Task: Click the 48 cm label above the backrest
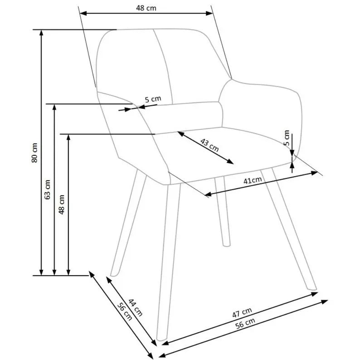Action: pyautogui.click(x=146, y=8)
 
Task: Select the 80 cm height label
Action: pyautogui.click(x=34, y=153)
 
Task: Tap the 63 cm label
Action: pyautogui.click(x=47, y=190)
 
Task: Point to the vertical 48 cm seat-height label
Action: pyautogui.click(x=62, y=204)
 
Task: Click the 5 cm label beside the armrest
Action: pyautogui.click(x=153, y=99)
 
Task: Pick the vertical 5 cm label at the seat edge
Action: pyautogui.click(x=287, y=138)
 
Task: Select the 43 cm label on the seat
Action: pyautogui.click(x=209, y=145)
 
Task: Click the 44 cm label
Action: pyautogui.click(x=136, y=307)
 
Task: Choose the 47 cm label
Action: pyautogui.click(x=242, y=313)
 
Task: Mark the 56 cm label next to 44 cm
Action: pyautogui.click(x=125, y=311)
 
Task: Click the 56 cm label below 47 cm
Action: pyautogui.click(x=245, y=323)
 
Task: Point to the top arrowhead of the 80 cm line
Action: pyautogui.click(x=41, y=32)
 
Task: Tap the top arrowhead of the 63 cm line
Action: pyautogui.click(x=54, y=107)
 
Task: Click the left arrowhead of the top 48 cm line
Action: pyautogui.click(x=83, y=13)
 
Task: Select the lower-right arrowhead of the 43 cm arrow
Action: pyautogui.click(x=230, y=162)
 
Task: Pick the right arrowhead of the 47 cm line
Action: pyautogui.click(x=315, y=294)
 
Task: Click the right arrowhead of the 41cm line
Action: pyautogui.click(x=314, y=173)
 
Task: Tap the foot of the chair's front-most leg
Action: pyautogui.click(x=161, y=339)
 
